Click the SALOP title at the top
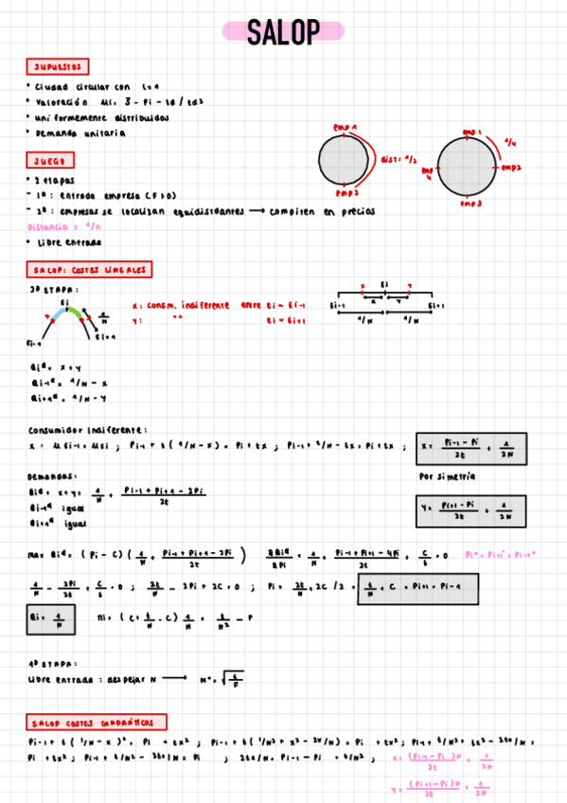pyautogui.click(x=283, y=32)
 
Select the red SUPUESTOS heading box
pyautogui.click(x=58, y=67)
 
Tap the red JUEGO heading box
pyautogui.click(x=48, y=162)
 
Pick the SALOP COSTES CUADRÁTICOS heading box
pyautogui.click(x=97, y=722)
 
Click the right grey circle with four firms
pyautogui.click(x=466, y=167)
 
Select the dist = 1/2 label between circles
pyautogui.click(x=398, y=160)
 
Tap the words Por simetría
pyautogui.click(x=448, y=475)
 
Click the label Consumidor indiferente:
pyautogui.click(x=88, y=429)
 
